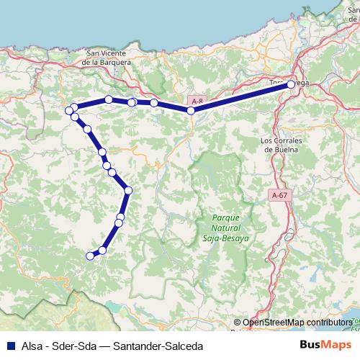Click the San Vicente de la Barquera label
click(108, 58)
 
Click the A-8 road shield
click(197, 102)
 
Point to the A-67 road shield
click(280, 195)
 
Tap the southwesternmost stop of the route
click(90, 255)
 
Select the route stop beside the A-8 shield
click(191, 110)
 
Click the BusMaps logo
click(325, 346)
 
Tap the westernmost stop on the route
click(69, 110)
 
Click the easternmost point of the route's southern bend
click(128, 190)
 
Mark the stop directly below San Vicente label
click(108, 99)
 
